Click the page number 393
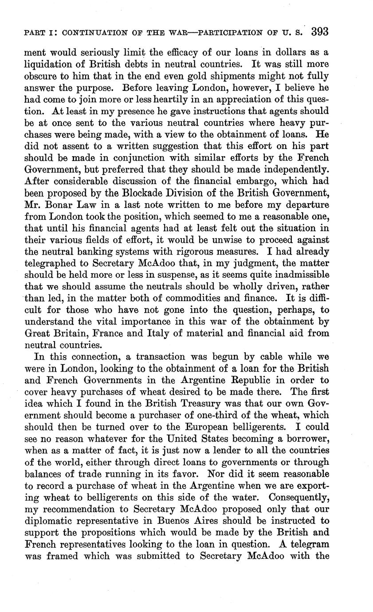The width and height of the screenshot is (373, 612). (x=319, y=32)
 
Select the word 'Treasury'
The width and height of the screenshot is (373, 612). (x=198, y=404)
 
